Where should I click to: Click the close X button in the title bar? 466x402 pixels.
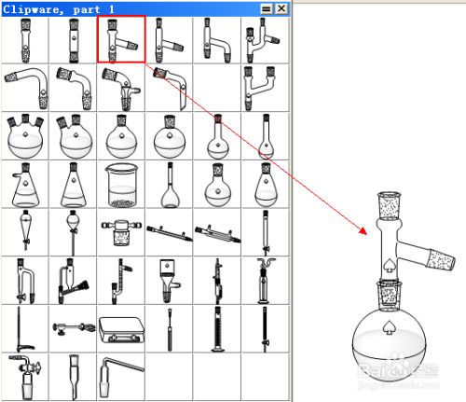click(281, 7)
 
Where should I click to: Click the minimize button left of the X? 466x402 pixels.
click(267, 7)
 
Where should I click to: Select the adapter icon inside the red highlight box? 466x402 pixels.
click(121, 39)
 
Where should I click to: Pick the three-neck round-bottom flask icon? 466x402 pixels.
click(25, 136)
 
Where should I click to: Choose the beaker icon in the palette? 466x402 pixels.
click(121, 185)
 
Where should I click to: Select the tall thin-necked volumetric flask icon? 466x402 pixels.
click(169, 185)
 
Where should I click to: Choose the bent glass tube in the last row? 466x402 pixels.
click(121, 376)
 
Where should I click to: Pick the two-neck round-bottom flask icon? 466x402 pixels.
click(73, 136)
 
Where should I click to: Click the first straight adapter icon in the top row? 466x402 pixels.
click(25, 39)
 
